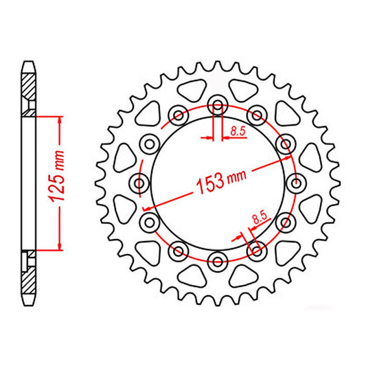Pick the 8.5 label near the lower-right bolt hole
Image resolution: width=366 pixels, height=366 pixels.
pyautogui.click(x=260, y=219)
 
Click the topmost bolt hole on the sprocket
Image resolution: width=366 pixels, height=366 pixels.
pyautogui.click(x=219, y=105)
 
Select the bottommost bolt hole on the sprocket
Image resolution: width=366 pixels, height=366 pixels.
pyautogui.click(x=219, y=259)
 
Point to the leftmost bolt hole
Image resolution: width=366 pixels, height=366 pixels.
pyautogui.click(x=141, y=183)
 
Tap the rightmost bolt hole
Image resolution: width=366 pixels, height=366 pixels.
pyautogui.click(x=297, y=183)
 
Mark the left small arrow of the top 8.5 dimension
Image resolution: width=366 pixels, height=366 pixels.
pyautogui.click(x=207, y=137)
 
